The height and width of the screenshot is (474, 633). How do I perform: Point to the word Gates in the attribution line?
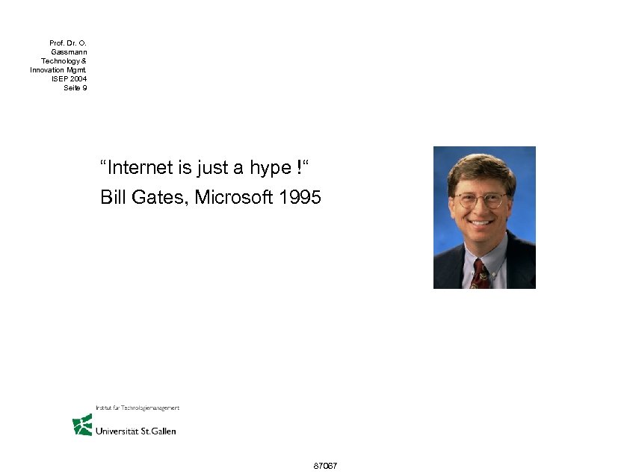pyautogui.click(x=158, y=198)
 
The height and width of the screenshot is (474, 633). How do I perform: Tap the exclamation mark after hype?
pyautogui.click(x=297, y=167)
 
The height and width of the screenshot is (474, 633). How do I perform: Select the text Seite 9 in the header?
pyautogui.click(x=75, y=87)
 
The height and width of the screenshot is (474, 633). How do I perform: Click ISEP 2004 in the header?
pyautogui.click(x=69, y=78)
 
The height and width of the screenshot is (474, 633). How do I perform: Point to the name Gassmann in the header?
pyautogui.click(x=69, y=52)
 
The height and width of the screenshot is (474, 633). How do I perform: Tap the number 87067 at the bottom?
pyautogui.click(x=326, y=466)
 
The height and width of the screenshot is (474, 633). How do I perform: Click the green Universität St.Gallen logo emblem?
pyautogui.click(x=81, y=425)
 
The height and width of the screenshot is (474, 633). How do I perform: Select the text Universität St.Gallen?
pyautogui.click(x=136, y=431)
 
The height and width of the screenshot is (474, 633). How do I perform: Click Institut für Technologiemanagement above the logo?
pyautogui.click(x=138, y=408)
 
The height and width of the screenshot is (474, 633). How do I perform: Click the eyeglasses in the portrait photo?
pyautogui.click(x=481, y=199)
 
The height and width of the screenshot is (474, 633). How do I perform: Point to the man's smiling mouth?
pyautogui.click(x=482, y=222)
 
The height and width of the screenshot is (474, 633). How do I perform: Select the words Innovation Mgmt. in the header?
pyautogui.click(x=58, y=69)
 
